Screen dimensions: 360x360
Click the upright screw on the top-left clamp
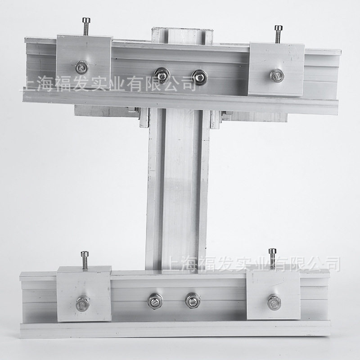click(x=86, y=27)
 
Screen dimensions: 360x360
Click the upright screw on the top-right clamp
click(x=278, y=34)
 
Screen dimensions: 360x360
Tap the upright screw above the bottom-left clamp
click(x=85, y=260)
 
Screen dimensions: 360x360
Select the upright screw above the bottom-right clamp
click(x=273, y=258)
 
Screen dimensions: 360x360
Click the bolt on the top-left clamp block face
click(x=82, y=67)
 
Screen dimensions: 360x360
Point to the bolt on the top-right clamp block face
click(x=277, y=75)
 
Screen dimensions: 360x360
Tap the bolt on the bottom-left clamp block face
click(x=83, y=303)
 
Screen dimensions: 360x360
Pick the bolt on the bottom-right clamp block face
click(x=274, y=301)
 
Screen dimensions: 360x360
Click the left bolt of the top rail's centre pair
click(x=162, y=75)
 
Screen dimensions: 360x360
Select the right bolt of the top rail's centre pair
click(x=200, y=77)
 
